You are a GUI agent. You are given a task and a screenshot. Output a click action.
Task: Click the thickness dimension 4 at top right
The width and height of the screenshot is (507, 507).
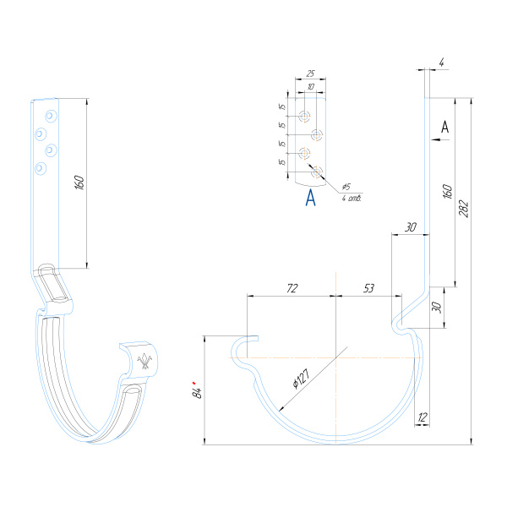coord(442,61)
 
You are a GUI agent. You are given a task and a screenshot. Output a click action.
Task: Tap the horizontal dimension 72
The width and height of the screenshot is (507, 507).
coord(292,289)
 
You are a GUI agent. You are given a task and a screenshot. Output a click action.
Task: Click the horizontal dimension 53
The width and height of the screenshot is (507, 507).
coord(368,289)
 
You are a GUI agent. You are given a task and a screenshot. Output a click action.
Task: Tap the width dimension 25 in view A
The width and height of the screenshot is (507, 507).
coord(310,74)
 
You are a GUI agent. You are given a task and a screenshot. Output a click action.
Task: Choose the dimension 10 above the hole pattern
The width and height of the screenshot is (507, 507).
coord(311,86)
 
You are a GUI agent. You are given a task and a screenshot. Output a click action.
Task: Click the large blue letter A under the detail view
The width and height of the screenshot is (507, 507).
coord(310,199)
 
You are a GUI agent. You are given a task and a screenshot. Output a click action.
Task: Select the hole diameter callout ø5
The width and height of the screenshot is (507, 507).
coord(346,187)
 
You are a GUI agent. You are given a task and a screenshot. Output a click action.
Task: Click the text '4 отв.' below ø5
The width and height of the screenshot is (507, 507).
coord(352,199)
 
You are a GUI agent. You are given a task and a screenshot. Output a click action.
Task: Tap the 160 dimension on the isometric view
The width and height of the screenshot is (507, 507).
coord(79,183)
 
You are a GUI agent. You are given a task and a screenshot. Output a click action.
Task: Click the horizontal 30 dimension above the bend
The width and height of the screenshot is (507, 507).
coord(411,226)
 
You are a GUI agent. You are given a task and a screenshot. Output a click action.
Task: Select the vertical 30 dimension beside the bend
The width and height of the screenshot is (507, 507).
coord(437,307)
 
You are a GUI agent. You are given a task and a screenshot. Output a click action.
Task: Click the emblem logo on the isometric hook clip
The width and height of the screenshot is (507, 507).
coord(144,363)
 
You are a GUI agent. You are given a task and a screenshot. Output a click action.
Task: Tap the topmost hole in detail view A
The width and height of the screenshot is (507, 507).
coord(305,115)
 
